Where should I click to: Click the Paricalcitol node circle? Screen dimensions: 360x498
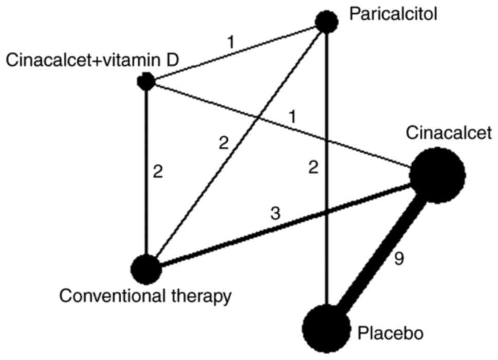coord(326,22)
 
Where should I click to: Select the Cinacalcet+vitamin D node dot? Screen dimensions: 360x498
coord(146,81)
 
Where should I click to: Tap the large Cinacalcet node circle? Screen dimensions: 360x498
coord(437,174)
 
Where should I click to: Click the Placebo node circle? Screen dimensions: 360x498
coord(325,328)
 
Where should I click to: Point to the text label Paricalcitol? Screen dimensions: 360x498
coord(393,13)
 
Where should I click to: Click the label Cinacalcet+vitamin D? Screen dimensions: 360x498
coord(93,61)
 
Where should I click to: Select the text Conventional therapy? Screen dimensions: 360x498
coord(145,296)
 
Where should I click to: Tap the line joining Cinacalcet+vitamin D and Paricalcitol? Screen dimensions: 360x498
coord(236,51)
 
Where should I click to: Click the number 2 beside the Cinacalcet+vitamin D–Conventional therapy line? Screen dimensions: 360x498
coord(158,172)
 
